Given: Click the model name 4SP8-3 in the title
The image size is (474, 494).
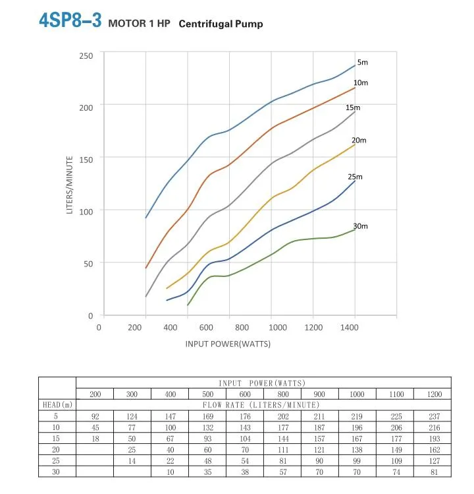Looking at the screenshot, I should (x=69, y=20).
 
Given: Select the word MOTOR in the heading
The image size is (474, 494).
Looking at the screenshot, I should (x=124, y=24).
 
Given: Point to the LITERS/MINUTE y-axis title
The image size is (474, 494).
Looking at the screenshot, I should (x=70, y=184).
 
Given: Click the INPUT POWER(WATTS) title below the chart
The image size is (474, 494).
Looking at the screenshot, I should (x=228, y=344).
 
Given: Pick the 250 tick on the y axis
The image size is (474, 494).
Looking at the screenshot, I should (x=87, y=55).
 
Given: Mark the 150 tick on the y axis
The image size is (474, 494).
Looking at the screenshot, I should (x=87, y=158).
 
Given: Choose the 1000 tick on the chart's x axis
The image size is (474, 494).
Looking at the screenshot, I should (x=278, y=327).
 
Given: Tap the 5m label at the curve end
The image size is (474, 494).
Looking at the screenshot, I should (x=362, y=61).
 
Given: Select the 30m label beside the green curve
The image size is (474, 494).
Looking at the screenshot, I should (x=360, y=226).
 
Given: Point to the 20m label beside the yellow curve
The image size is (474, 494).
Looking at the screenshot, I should (x=359, y=140).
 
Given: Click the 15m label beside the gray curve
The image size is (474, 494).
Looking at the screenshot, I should (x=354, y=108).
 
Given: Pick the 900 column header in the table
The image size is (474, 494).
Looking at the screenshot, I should (x=320, y=394).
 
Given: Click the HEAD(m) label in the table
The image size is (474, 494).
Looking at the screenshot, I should (x=57, y=404).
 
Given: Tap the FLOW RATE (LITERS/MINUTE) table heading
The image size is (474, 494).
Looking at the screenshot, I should (x=263, y=404).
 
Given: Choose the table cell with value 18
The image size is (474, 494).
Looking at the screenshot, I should (x=95, y=438).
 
